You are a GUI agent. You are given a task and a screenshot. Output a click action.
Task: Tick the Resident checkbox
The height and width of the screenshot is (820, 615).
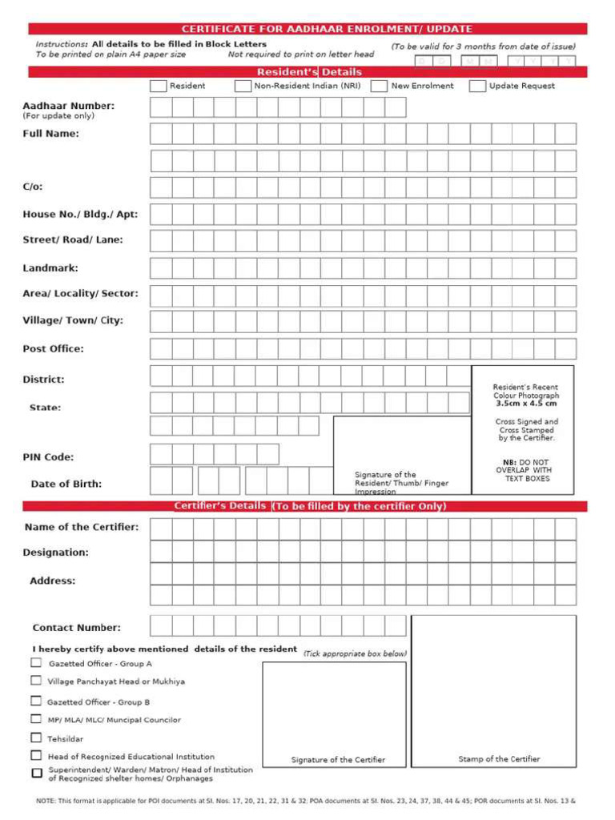(x=159, y=86)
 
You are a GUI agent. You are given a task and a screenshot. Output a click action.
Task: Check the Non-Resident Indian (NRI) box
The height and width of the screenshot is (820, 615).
(x=243, y=86)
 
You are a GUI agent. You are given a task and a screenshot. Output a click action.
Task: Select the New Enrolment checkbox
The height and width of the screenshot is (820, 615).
(x=380, y=86)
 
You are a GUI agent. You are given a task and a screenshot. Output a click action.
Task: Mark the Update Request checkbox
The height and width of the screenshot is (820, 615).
(x=477, y=86)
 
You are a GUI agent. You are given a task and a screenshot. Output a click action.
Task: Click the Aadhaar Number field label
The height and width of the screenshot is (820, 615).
(x=68, y=106)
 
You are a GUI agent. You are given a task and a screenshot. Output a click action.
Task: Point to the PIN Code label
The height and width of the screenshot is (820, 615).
(x=48, y=457)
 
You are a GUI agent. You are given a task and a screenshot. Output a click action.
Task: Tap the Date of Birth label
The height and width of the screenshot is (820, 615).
(x=66, y=484)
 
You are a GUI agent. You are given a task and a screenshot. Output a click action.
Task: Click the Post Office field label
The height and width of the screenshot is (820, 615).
(x=53, y=349)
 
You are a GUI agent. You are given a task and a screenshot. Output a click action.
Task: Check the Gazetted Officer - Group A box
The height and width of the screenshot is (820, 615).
(x=36, y=663)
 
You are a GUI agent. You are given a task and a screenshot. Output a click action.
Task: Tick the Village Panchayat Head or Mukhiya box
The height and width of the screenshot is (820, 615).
(x=36, y=681)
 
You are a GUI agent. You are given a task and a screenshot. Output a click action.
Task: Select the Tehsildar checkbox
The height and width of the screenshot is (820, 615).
(x=36, y=738)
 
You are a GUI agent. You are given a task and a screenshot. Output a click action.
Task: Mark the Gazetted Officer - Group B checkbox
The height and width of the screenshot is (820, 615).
(x=36, y=701)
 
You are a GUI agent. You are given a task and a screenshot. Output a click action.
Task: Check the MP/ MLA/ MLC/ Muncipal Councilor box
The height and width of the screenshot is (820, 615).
(x=36, y=719)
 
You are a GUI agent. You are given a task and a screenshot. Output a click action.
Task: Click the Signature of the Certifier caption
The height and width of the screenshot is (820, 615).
(x=338, y=760)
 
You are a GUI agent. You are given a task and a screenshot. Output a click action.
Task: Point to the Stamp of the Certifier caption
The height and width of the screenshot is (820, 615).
(x=499, y=759)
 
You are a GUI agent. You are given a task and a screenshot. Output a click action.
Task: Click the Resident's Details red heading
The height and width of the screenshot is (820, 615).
(x=309, y=72)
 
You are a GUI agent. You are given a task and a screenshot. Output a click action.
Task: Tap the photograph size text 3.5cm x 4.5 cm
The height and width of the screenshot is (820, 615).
(x=526, y=404)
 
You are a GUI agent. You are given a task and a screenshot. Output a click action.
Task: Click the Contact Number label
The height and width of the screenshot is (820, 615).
(x=77, y=628)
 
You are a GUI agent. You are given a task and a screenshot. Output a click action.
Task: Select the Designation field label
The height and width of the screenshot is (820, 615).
(x=55, y=553)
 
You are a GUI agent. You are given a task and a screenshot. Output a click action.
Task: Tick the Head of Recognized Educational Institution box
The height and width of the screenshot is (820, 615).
(x=36, y=755)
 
